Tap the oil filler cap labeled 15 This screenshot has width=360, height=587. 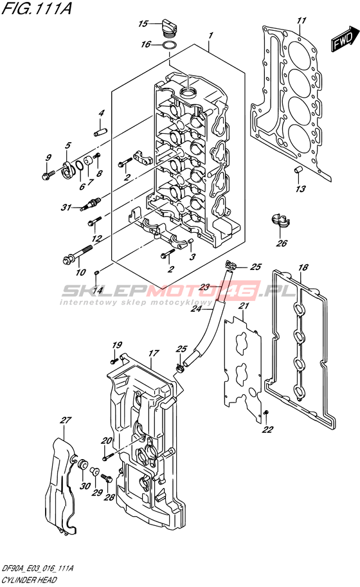pos(169,26)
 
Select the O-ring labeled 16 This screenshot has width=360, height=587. pos(169,46)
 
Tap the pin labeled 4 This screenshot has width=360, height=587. pos(100,131)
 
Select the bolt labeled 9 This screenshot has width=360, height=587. pos(48,174)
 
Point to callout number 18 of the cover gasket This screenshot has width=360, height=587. pos(303,267)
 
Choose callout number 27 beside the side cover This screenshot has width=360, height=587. pos(66,420)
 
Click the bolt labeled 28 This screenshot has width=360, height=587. pos(106,478)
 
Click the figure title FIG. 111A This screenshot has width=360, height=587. pos(36,8)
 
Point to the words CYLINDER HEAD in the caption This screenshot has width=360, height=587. pos(29,580)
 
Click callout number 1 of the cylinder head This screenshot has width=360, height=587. pos(211,35)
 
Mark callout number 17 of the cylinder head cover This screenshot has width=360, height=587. pos(154,353)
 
